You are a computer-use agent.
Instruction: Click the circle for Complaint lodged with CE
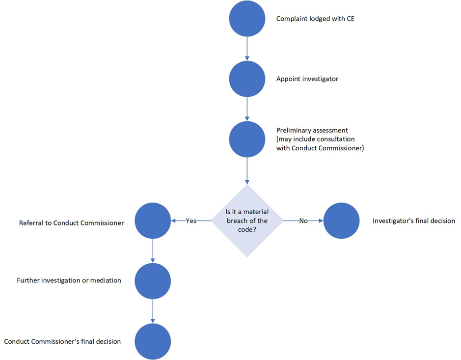pyautogui.click(x=247, y=19)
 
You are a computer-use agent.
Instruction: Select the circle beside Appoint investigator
pyautogui.click(x=247, y=79)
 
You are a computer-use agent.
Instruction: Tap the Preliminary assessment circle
pyautogui.click(x=247, y=139)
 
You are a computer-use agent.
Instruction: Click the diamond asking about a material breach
pyautogui.click(x=247, y=221)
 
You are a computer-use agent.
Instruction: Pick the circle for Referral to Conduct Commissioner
pyautogui.click(x=153, y=221)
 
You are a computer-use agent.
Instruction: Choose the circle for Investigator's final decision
pyautogui.click(x=342, y=221)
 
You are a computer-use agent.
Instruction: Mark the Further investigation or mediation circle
pyautogui.click(x=153, y=281)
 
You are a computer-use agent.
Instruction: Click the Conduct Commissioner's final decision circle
pyautogui.click(x=153, y=341)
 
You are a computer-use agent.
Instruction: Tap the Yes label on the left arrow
pyautogui.click(x=191, y=221)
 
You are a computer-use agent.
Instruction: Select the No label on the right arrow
pyautogui.click(x=303, y=221)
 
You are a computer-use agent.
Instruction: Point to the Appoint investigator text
pyautogui.click(x=307, y=79)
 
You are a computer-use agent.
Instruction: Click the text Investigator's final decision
pyautogui.click(x=413, y=221)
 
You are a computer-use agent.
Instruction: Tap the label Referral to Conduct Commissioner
pyautogui.click(x=71, y=222)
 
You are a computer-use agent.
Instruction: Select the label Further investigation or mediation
pyautogui.click(x=69, y=280)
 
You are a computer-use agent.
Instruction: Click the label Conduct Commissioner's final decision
pyautogui.click(x=62, y=341)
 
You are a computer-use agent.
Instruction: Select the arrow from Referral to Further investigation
pyautogui.click(x=153, y=251)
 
